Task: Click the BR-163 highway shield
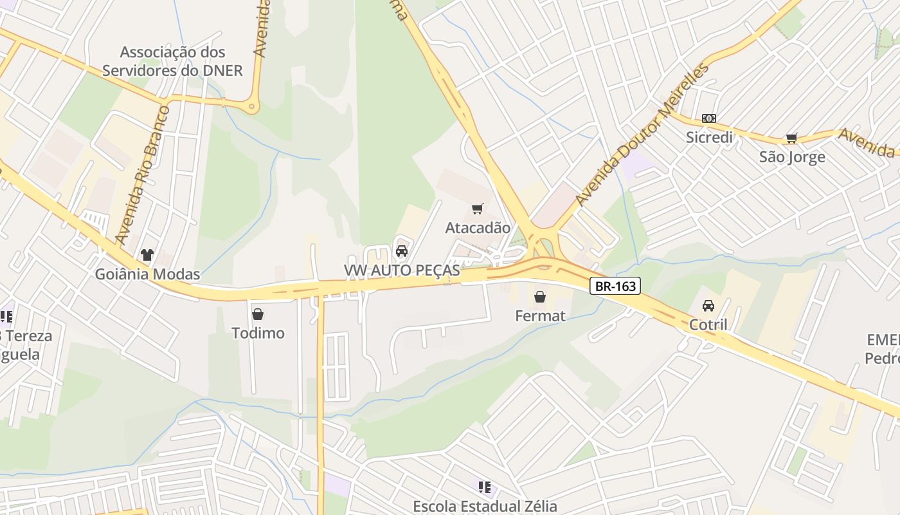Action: pyautogui.click(x=615, y=286)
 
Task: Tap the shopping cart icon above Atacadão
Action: pyautogui.click(x=477, y=209)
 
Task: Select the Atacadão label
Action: pyautogui.click(x=478, y=228)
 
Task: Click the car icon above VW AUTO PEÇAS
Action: pyautogui.click(x=402, y=250)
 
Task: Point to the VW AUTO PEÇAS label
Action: pyautogui.click(x=402, y=270)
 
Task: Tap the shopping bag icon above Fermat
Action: pyautogui.click(x=540, y=297)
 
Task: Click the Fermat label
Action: pyautogui.click(x=540, y=315)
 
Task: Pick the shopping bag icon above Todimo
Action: pyautogui.click(x=258, y=314)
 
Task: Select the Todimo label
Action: pyautogui.click(x=258, y=333)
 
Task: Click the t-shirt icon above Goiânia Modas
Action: pyautogui.click(x=147, y=255)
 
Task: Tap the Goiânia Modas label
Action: pyautogui.click(x=147, y=274)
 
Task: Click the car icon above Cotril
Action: pyautogui.click(x=708, y=306)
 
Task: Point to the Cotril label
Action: pyautogui.click(x=708, y=324)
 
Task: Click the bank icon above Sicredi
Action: pyautogui.click(x=709, y=118)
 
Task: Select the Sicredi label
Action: pyautogui.click(x=709, y=137)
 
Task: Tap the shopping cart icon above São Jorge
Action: pyautogui.click(x=792, y=138)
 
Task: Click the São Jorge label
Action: pyautogui.click(x=792, y=157)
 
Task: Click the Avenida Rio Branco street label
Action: pyautogui.click(x=142, y=175)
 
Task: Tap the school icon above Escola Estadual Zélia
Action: pyautogui.click(x=485, y=487)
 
